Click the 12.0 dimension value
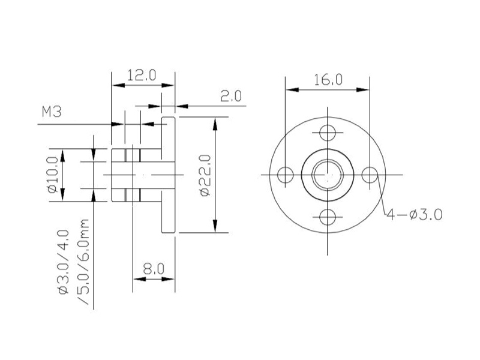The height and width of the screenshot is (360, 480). (x=142, y=75)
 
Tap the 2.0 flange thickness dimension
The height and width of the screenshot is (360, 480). (x=231, y=96)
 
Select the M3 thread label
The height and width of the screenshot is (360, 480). (x=52, y=112)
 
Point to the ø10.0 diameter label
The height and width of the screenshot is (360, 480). (x=52, y=175)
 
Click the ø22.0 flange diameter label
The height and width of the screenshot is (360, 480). (x=205, y=175)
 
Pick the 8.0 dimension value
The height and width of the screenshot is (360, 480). (x=154, y=269)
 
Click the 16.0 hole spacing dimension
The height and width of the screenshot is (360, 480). (x=328, y=80)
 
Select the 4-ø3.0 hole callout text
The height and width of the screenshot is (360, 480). (x=415, y=215)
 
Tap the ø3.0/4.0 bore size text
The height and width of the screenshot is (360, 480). (x=64, y=262)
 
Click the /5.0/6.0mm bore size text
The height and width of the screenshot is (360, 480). (x=83, y=262)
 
